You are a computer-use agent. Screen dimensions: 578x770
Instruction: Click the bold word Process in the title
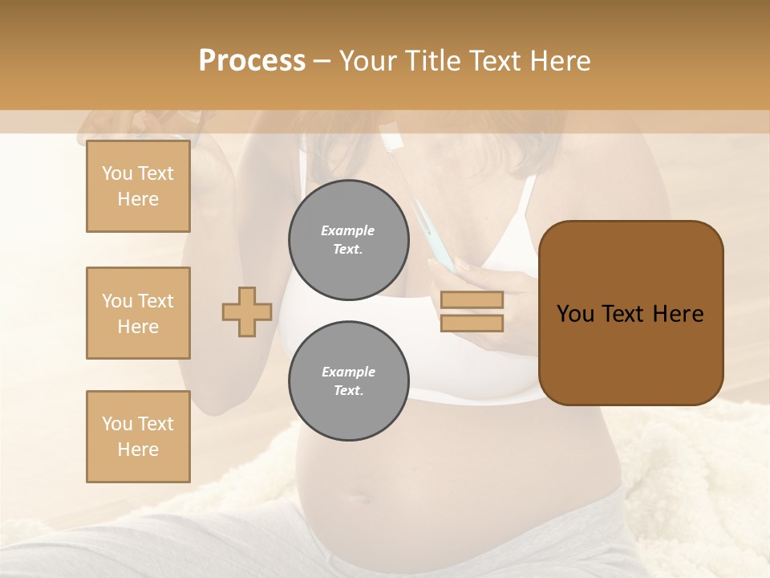tap(252, 61)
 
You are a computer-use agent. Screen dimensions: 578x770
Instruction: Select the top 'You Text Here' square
tap(138, 186)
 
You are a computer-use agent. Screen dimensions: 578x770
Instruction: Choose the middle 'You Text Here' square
tap(138, 313)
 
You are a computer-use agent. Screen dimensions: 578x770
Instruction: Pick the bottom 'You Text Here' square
tap(138, 437)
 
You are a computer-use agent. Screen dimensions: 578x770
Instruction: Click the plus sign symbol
tap(247, 312)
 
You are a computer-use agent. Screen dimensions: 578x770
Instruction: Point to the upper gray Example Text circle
tap(349, 240)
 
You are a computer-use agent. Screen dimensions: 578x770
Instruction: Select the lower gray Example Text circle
tap(349, 381)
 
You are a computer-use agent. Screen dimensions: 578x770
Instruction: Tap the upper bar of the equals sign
tap(472, 299)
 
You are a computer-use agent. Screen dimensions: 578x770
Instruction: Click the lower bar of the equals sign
tap(472, 323)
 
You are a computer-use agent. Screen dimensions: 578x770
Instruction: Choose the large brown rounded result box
tap(630, 313)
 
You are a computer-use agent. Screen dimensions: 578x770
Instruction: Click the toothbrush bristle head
tap(391, 137)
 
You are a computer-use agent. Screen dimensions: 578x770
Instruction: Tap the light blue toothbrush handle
tap(430, 233)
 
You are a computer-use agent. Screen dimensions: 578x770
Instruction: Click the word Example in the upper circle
tap(348, 230)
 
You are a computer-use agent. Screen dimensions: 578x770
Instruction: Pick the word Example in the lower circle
tap(348, 372)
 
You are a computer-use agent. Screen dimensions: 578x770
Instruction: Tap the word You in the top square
tap(116, 173)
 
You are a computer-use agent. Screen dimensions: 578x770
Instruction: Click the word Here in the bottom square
tap(138, 450)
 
